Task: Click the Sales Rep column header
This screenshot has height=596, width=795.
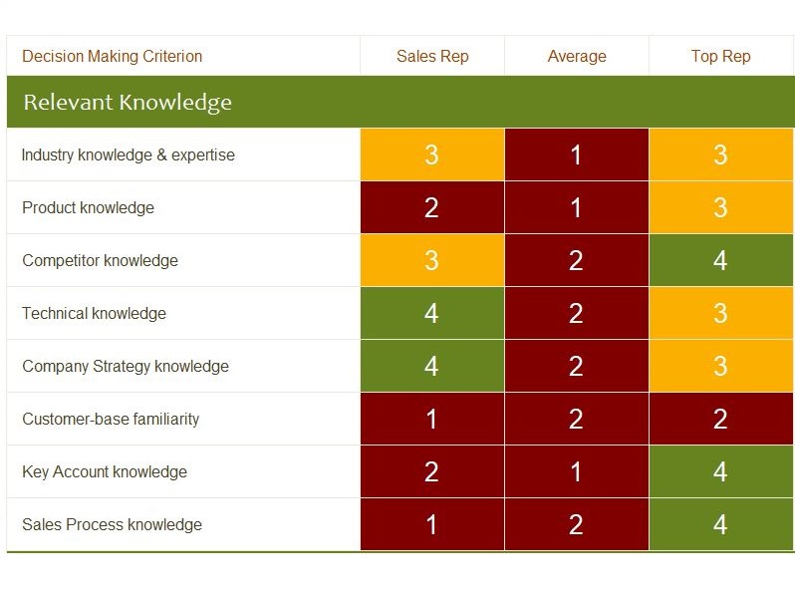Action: [432, 56]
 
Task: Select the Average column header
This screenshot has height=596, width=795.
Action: [577, 56]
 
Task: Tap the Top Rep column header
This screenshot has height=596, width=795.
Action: [721, 56]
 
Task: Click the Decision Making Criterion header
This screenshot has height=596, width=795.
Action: [112, 56]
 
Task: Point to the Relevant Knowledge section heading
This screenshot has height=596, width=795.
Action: [128, 102]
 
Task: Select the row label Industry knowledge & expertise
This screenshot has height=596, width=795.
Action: [129, 154]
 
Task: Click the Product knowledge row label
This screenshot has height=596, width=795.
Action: [89, 207]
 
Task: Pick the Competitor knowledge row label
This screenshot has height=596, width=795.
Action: [101, 260]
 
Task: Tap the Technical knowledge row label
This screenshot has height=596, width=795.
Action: [95, 313]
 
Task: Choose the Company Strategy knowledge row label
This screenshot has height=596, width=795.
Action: [126, 366]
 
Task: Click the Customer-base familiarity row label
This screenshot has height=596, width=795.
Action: [111, 419]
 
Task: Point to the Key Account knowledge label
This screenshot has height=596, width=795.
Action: [105, 471]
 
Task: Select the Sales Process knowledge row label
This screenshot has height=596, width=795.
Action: [112, 524]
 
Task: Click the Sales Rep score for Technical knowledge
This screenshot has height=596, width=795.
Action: [432, 313]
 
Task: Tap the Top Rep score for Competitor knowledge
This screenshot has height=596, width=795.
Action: [721, 260]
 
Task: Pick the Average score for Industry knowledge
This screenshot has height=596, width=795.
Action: [577, 154]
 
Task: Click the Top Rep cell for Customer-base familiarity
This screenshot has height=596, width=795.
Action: [721, 419]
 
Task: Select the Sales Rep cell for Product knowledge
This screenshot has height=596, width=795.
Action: [432, 207]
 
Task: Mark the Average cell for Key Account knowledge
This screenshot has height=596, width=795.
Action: [577, 471]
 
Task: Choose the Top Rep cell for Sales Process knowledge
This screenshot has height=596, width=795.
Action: [721, 524]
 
